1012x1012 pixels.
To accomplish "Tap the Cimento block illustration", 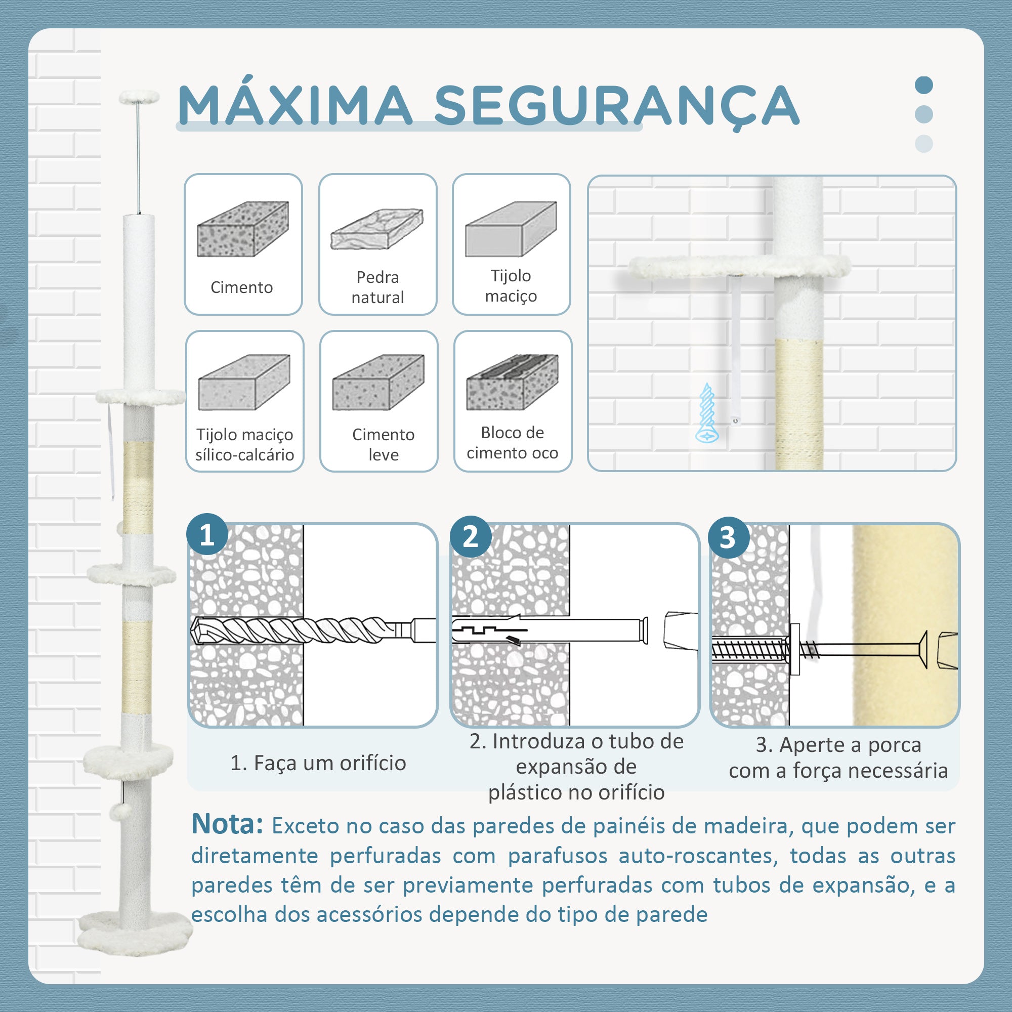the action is (x=243, y=228).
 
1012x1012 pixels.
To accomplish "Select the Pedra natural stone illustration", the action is (x=377, y=229).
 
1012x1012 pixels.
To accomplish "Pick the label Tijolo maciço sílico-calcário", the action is (x=244, y=444).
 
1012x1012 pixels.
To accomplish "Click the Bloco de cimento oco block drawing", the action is (x=512, y=382).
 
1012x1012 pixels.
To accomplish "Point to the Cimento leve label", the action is (x=384, y=444).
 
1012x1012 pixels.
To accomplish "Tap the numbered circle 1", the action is (x=207, y=535).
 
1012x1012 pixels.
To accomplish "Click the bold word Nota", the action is (x=227, y=824).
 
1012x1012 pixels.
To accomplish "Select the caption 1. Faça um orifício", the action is (x=318, y=763).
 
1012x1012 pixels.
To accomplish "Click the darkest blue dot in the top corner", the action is (x=924, y=85).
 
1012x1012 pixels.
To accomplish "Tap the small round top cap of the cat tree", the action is (x=139, y=96).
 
